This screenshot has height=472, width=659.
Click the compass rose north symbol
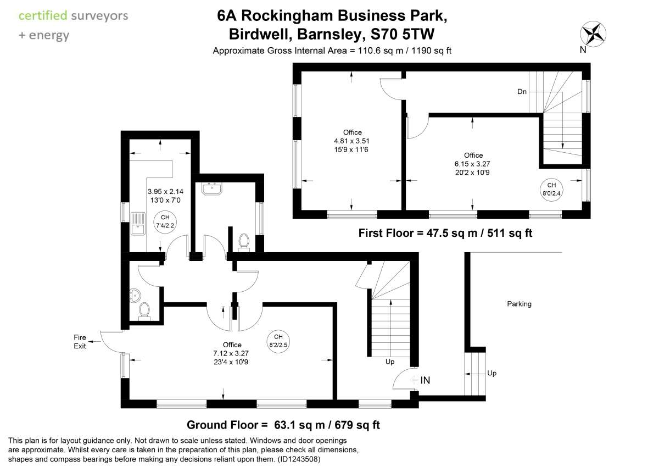click(x=593, y=34)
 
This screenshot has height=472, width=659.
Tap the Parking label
click(x=519, y=304)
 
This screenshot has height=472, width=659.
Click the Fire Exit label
click(x=80, y=342)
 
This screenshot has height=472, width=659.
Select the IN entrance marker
click(x=425, y=380)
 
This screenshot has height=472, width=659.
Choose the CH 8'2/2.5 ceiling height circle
click(x=278, y=341)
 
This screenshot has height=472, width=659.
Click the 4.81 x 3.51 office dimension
click(x=352, y=141)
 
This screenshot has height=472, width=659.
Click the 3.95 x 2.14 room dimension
click(x=165, y=192)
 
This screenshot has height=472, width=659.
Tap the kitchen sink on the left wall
click(x=137, y=226)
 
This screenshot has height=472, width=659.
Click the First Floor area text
click(x=445, y=233)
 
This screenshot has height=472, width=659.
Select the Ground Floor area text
click(x=283, y=425)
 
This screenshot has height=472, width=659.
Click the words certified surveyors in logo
click(x=73, y=15)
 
